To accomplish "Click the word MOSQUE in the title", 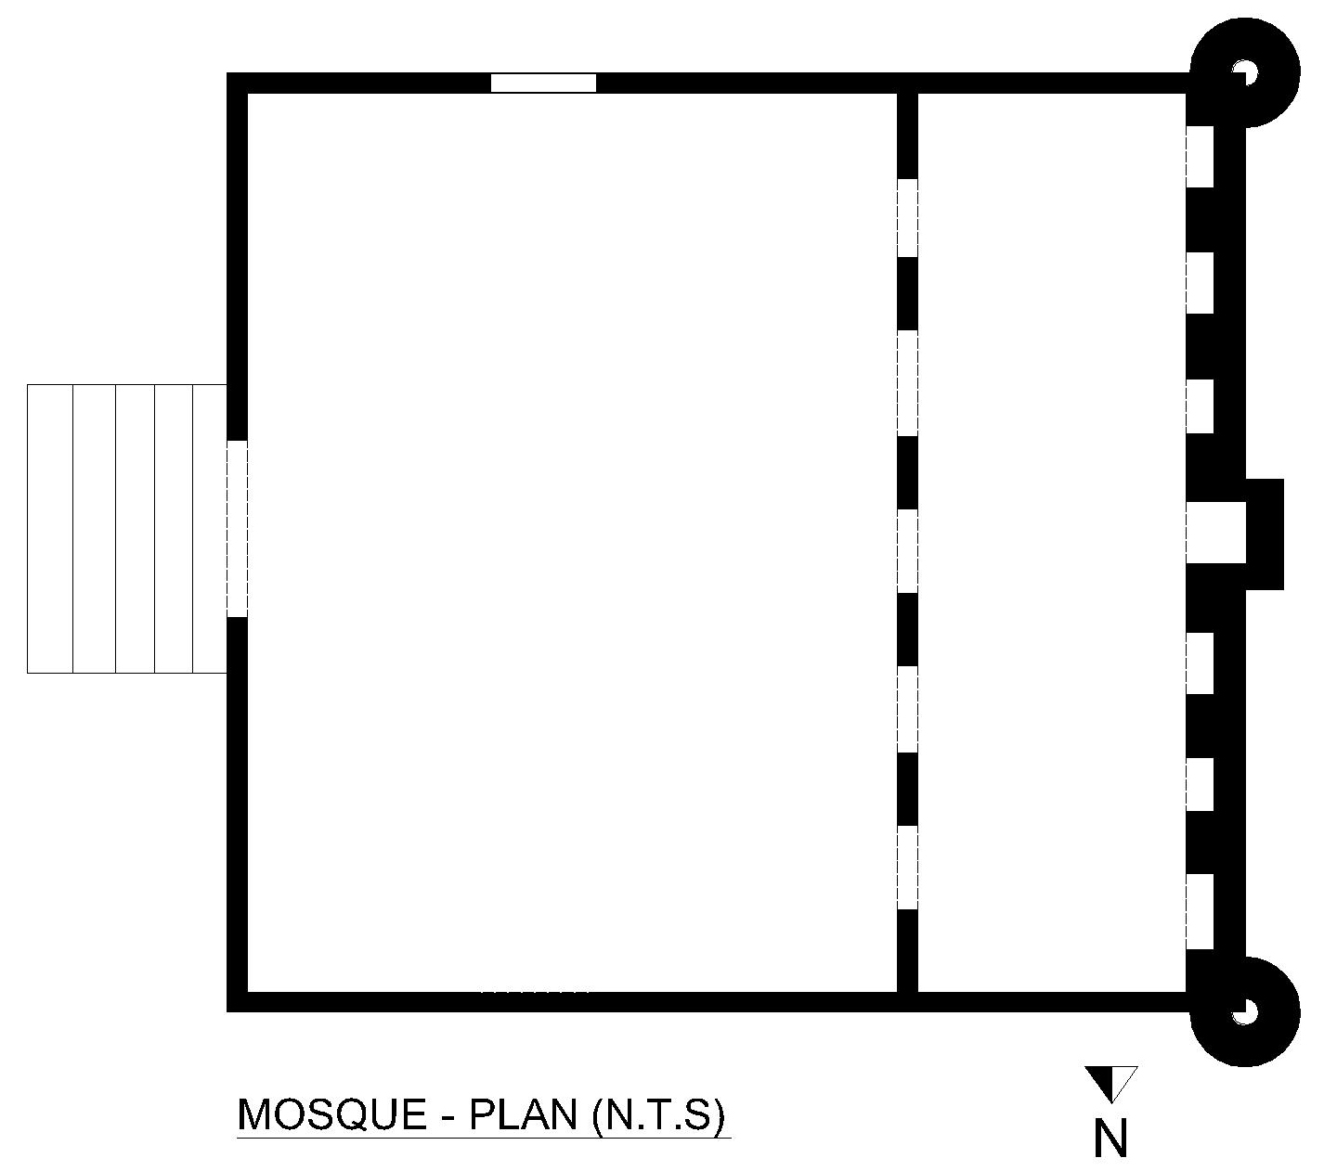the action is click(x=332, y=1113).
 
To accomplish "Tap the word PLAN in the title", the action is click(x=523, y=1113).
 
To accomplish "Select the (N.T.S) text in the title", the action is click(x=658, y=1114).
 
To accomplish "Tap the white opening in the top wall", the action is click(x=543, y=83).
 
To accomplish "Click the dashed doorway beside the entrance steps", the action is click(x=237, y=528).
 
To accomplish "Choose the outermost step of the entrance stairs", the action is click(x=49, y=528).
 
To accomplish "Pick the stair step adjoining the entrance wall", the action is click(x=210, y=528).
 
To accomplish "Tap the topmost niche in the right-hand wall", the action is click(x=1200, y=157).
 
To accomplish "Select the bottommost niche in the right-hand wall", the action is click(x=1200, y=912).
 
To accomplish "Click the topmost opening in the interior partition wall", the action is click(x=907, y=217).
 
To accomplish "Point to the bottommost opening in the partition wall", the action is click(x=907, y=868).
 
